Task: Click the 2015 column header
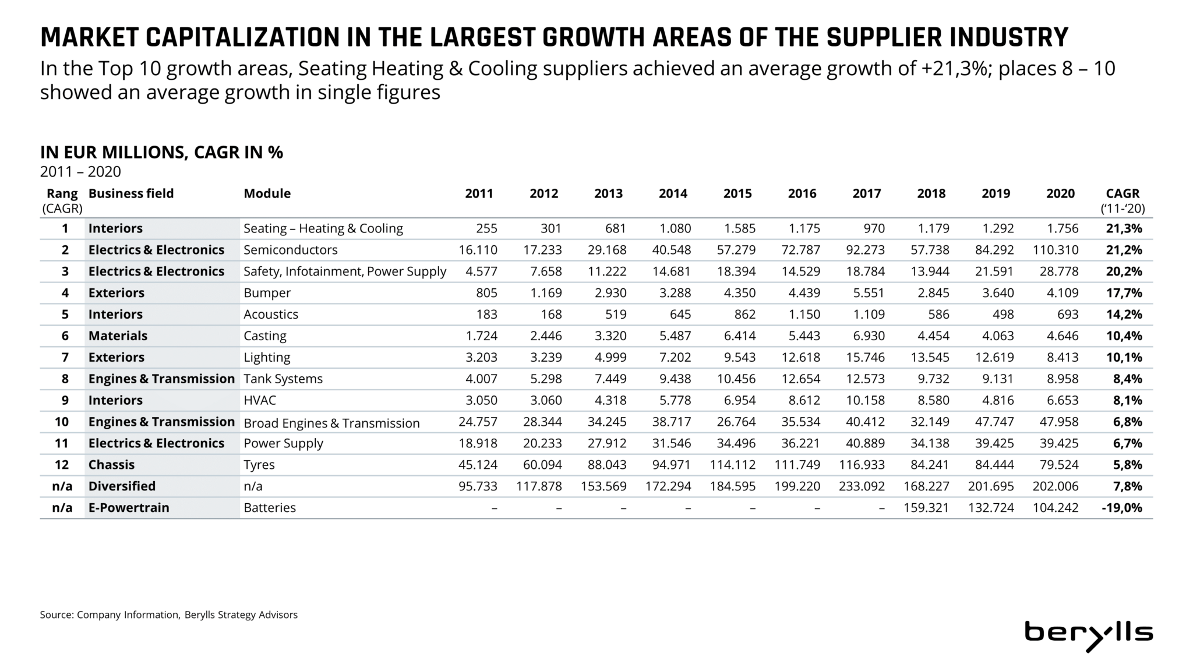737,194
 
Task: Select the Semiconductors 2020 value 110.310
1056,250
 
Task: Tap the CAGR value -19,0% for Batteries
1122,508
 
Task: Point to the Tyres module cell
259,465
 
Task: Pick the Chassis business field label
111,465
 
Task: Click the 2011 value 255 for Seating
486,229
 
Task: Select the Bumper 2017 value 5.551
869,293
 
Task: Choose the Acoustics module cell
271,315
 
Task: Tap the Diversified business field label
122,486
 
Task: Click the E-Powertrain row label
129,508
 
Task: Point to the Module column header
267,194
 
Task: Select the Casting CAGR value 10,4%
1124,336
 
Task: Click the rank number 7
65,358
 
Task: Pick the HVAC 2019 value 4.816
998,401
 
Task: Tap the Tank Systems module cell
283,379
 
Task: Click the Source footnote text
168,615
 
